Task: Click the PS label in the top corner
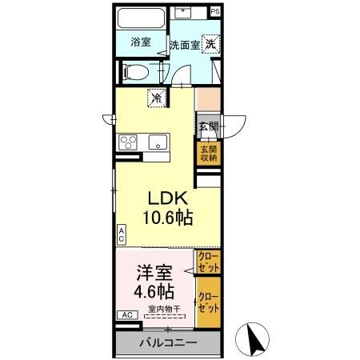(215, 13)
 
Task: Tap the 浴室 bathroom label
(141, 42)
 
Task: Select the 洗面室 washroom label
(184, 45)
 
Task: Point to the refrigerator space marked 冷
(157, 98)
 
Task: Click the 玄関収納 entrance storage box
(208, 154)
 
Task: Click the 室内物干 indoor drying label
(164, 310)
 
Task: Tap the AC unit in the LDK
(122, 234)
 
